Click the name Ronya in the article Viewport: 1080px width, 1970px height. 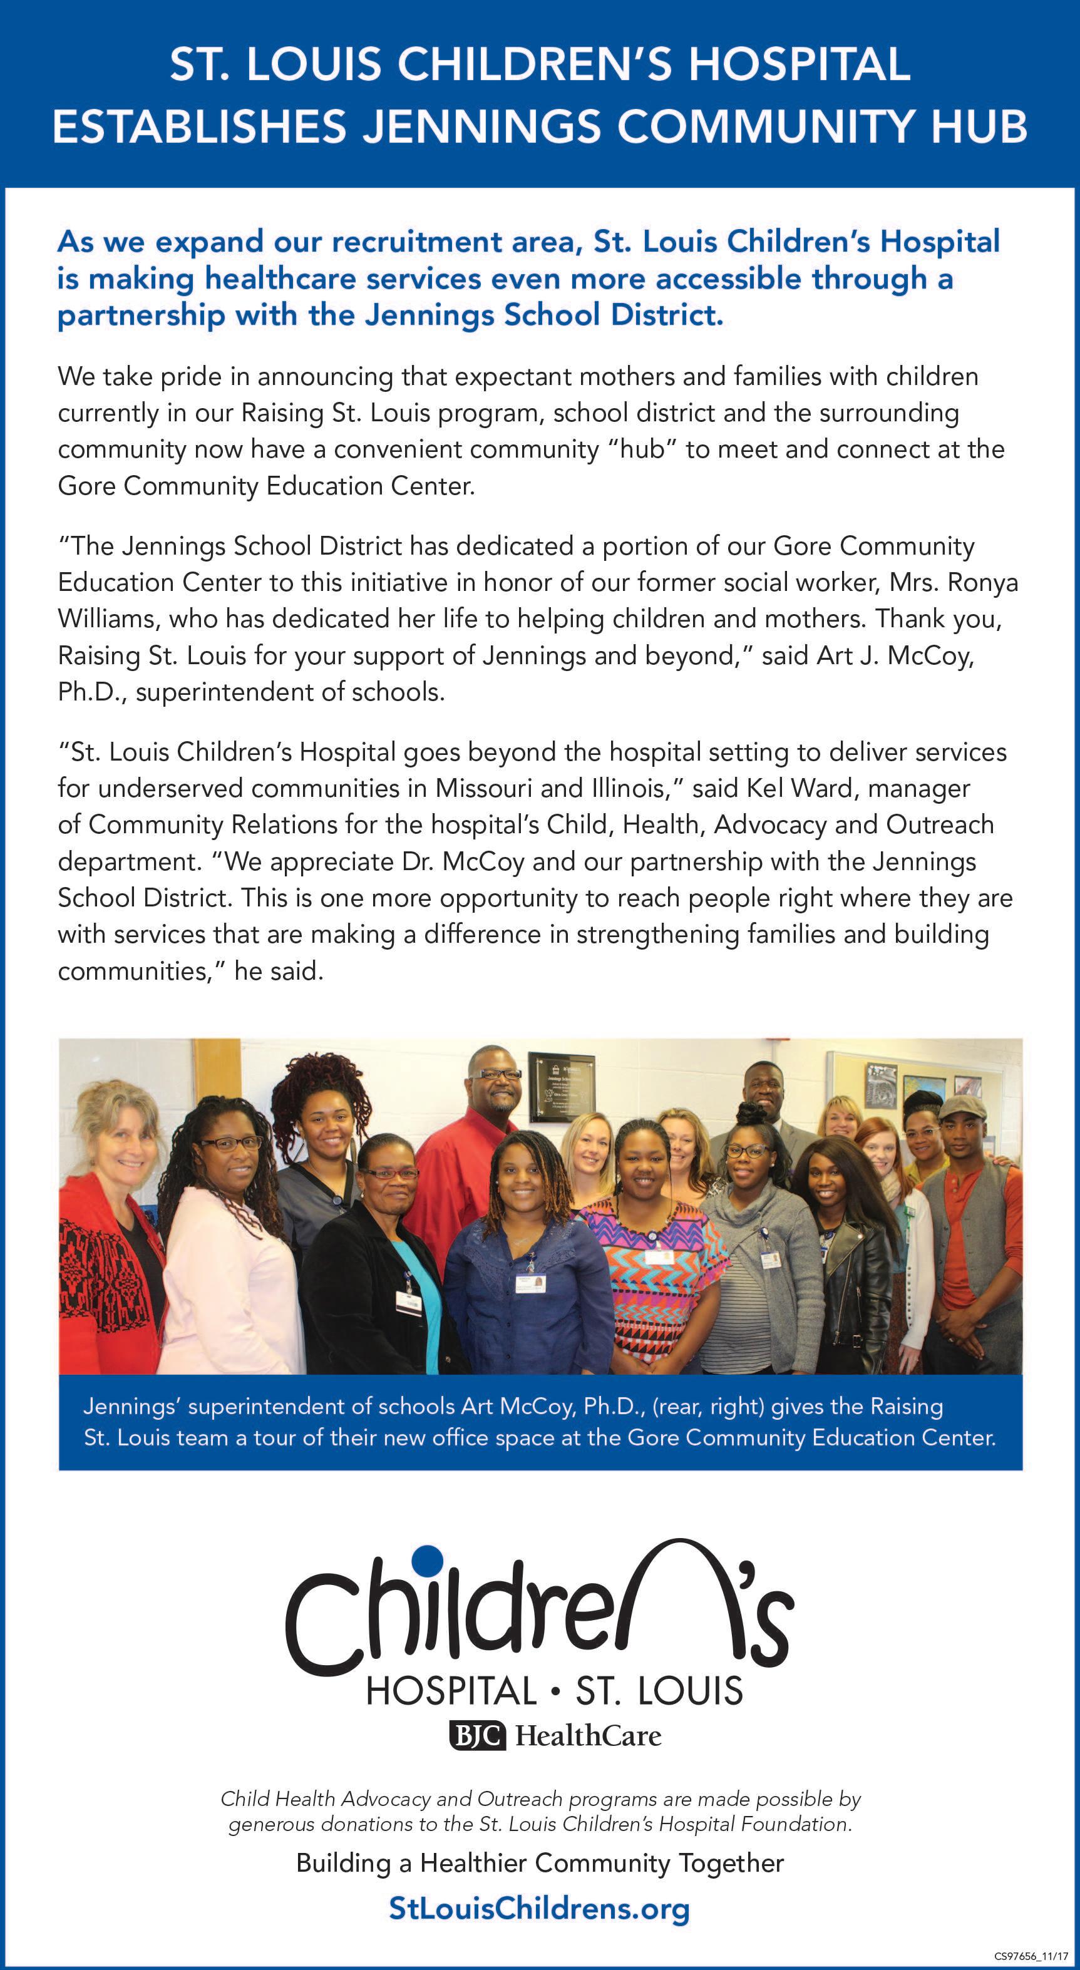(983, 583)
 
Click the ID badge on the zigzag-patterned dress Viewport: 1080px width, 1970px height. (654, 1256)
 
